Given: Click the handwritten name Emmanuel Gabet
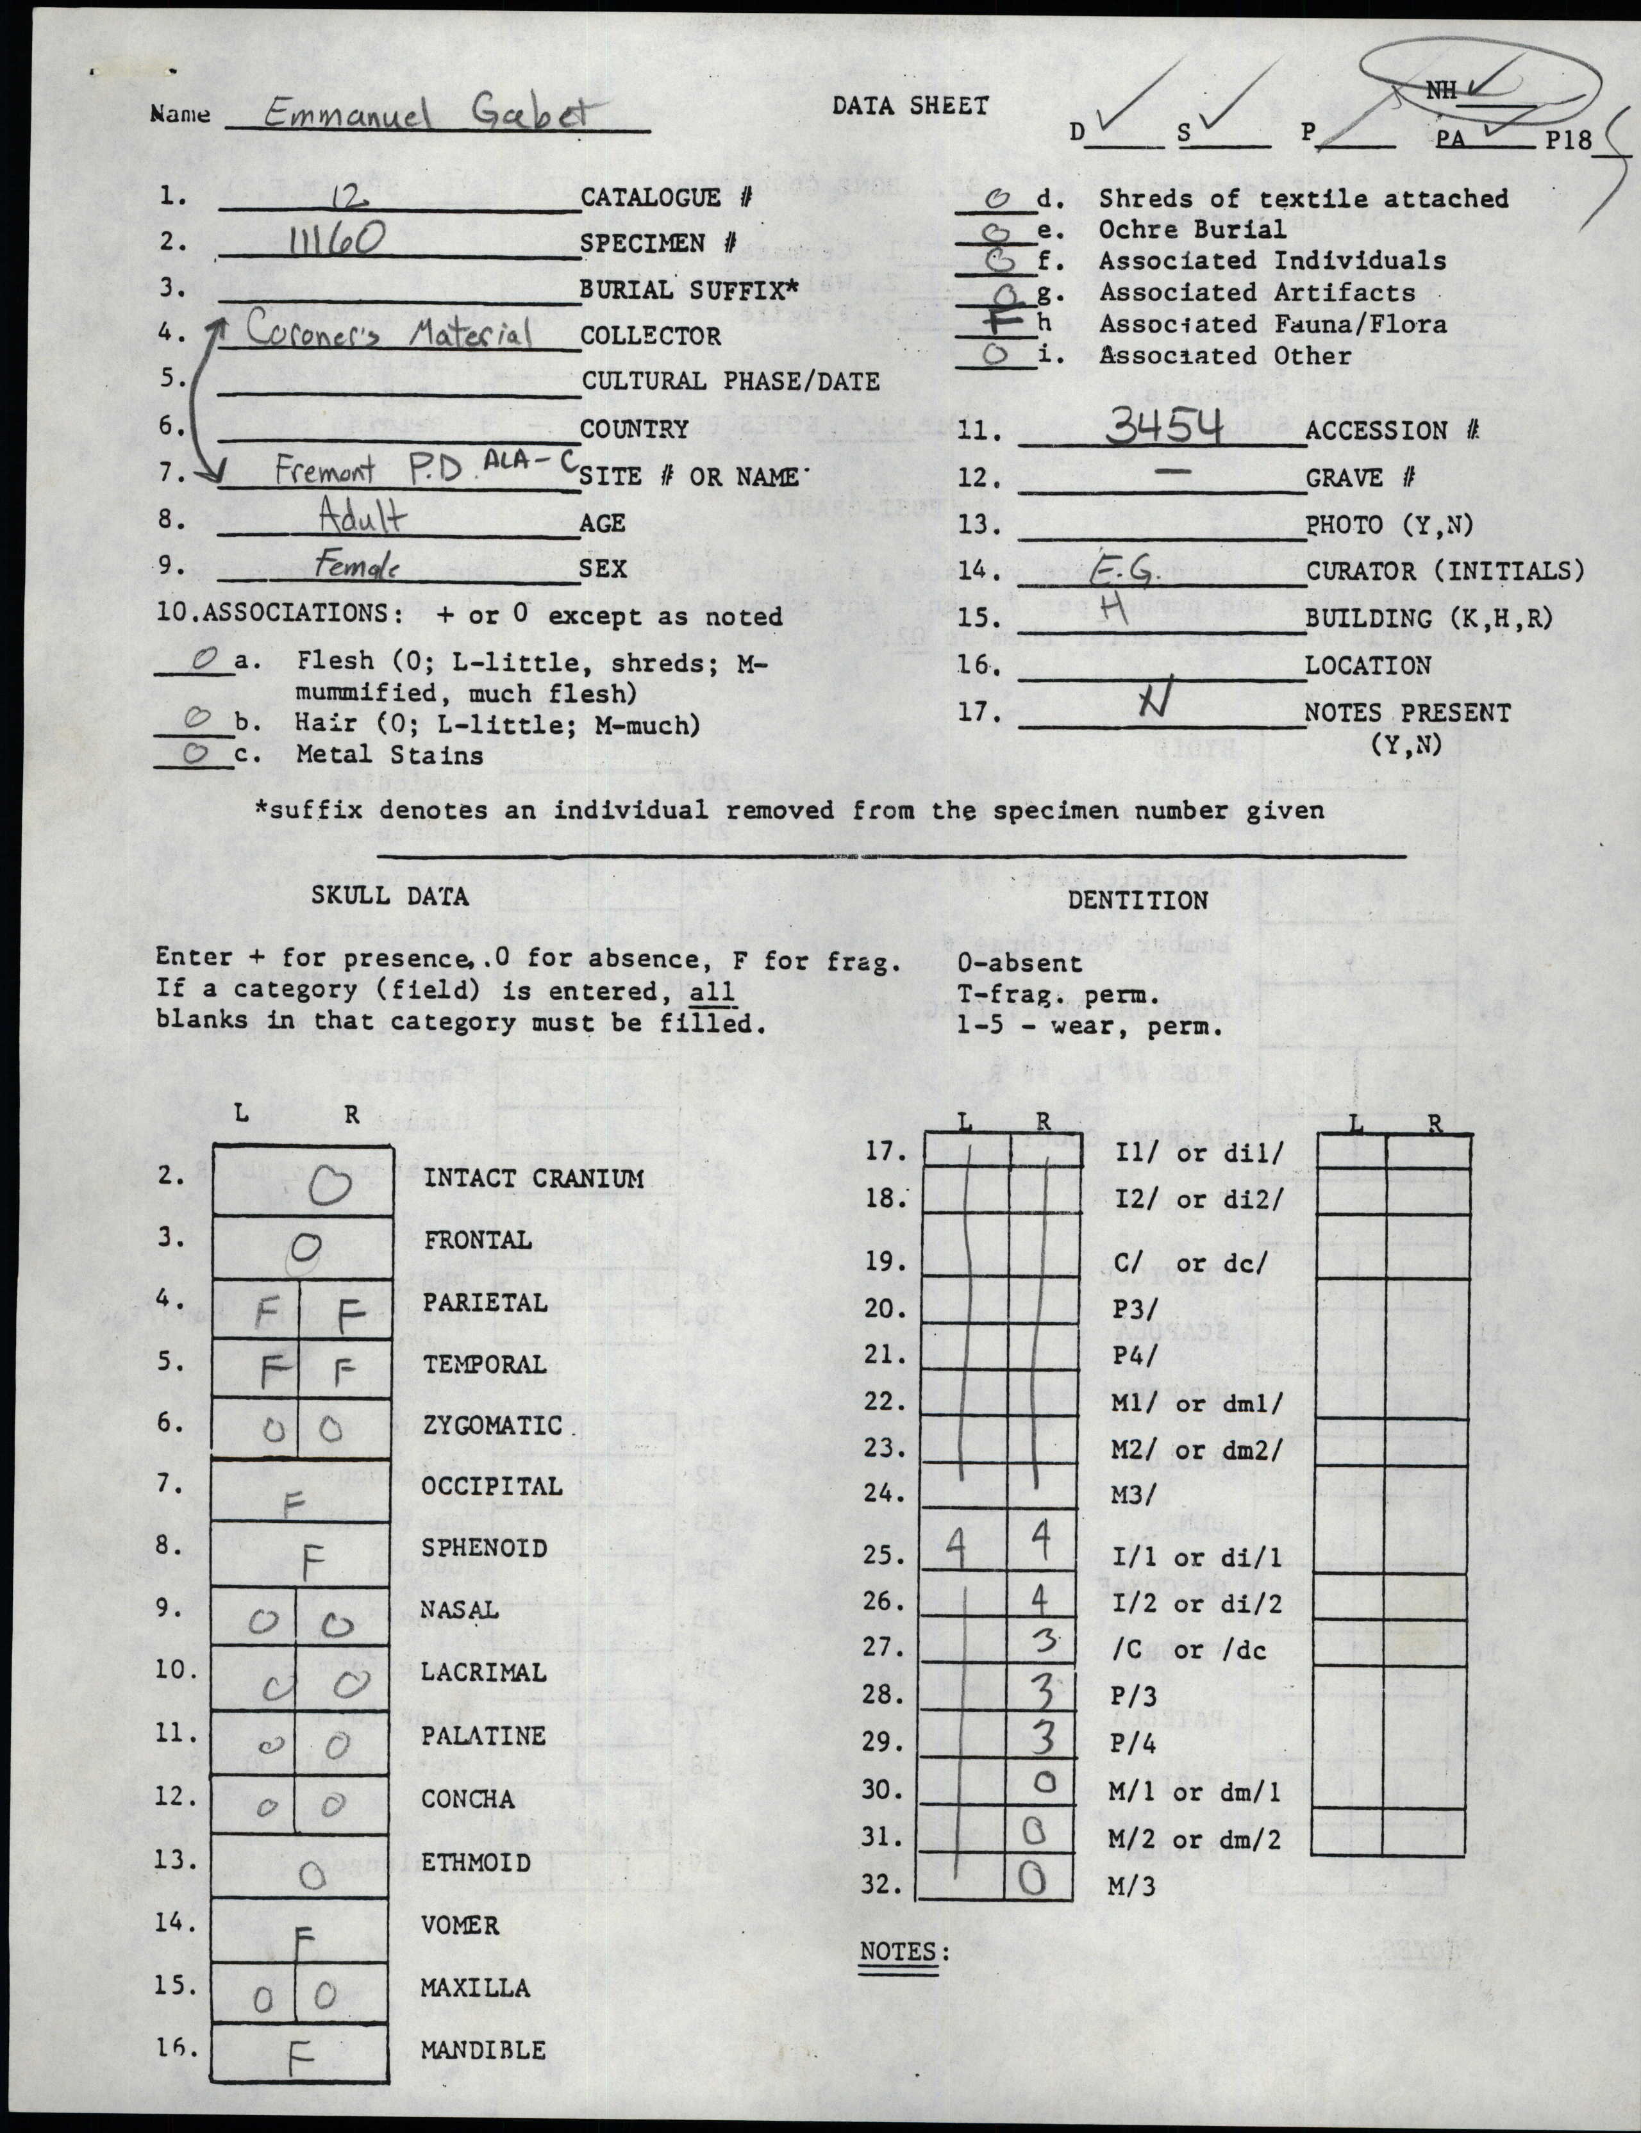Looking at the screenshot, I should click(426, 115).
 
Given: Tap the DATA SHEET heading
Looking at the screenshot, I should click(910, 106).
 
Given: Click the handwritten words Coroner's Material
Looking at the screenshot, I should click(388, 333).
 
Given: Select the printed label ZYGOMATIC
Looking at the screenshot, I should click(492, 1426).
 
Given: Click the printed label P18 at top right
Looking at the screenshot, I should click(1568, 140).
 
